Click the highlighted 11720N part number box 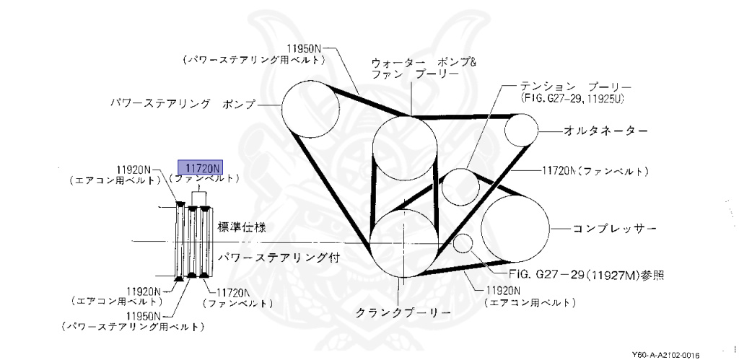tap(201, 167)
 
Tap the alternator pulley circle tap(522, 131)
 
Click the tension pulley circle tap(461, 187)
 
